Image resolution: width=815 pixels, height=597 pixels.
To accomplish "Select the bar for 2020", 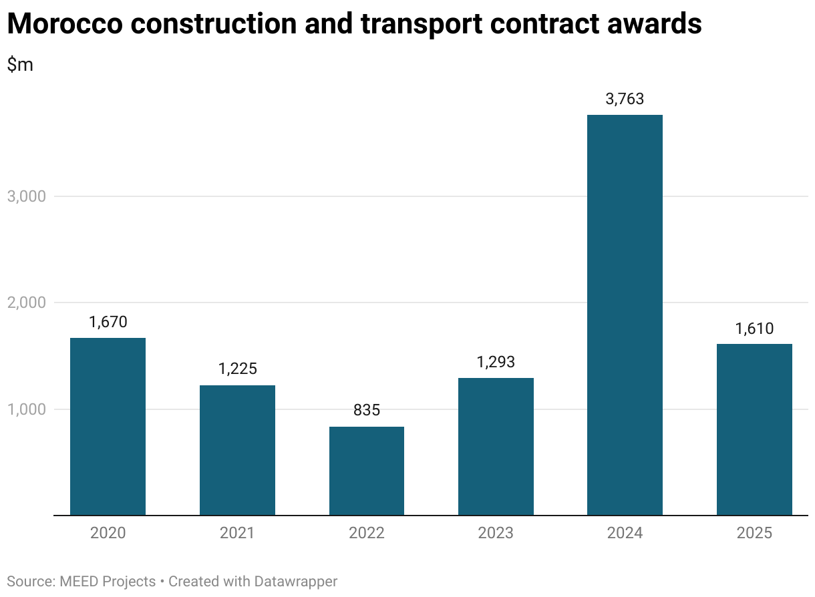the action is [108, 427].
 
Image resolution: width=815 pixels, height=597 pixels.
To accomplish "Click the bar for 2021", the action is [237, 450].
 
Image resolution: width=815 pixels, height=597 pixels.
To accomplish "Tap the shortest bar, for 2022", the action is [367, 471].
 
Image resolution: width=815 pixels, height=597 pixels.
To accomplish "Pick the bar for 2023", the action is [496, 447].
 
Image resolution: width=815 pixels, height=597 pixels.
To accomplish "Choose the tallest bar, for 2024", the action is [625, 315].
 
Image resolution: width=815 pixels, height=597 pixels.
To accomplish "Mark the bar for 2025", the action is [754, 429].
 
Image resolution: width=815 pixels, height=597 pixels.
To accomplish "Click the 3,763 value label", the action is [625, 99].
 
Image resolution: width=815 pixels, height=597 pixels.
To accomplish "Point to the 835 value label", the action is [367, 410].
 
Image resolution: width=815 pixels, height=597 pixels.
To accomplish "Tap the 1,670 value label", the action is [108, 322].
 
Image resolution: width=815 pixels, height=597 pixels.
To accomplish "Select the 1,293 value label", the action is [496, 362].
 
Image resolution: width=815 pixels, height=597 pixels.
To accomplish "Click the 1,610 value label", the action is [754, 329].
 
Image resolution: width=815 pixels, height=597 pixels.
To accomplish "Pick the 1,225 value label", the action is [238, 369].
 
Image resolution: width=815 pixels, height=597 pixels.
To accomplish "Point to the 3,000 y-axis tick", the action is [27, 197].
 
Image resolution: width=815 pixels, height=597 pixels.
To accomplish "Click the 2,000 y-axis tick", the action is [27, 303].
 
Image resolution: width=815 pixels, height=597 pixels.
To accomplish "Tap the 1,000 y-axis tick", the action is [27, 409].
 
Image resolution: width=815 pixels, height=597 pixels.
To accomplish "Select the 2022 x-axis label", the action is [367, 534].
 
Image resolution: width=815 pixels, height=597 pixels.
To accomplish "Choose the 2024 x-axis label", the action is [625, 534].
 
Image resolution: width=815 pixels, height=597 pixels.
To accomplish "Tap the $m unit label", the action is [20, 65].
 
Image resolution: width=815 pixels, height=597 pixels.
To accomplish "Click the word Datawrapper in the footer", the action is [296, 582].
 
